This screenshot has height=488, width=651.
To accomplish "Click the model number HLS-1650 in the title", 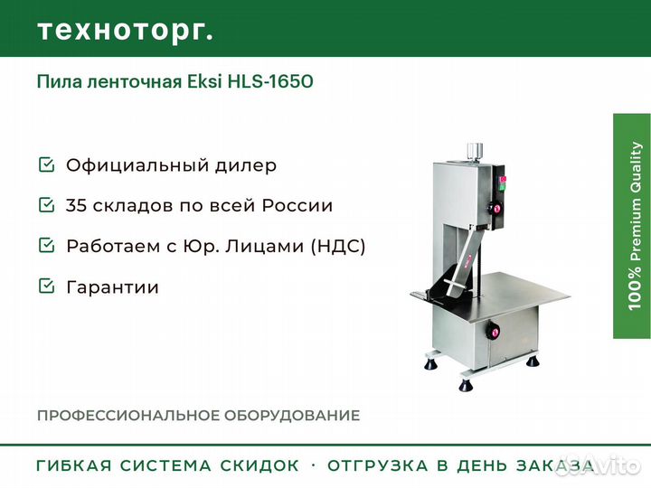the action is pos(270,81).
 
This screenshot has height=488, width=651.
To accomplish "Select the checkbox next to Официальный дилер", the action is pos(46,164).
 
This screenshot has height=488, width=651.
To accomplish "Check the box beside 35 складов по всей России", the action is pos(46,204).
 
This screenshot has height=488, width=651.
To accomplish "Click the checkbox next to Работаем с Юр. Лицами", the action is pos(46,245).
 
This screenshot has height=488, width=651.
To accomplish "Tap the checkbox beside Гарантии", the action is pos(46,286).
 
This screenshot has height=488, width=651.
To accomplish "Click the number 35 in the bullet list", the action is pos(76,205).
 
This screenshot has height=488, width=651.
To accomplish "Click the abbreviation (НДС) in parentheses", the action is pos(338,246).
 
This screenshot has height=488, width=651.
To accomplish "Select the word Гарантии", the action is pos(112,287).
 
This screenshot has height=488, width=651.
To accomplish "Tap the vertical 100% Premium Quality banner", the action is pos(632,226).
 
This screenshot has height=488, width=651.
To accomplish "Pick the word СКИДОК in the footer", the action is pos(259,465).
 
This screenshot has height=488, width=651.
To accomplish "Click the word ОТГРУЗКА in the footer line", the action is pos(378,465).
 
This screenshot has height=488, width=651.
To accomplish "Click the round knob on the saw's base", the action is pos(494,332).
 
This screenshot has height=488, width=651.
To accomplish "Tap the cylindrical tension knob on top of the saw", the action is pos(475,153).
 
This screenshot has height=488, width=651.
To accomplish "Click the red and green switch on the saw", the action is pos(502,183).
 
